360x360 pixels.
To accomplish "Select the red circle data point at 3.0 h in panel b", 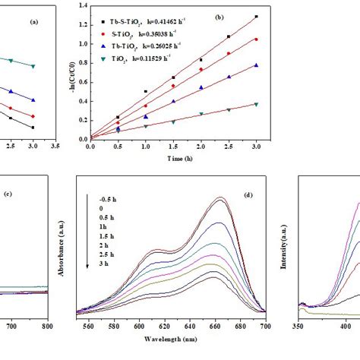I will pyautogui.click(x=277, y=39).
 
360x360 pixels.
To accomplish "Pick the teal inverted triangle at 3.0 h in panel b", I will pyautogui.click(x=277, y=104).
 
